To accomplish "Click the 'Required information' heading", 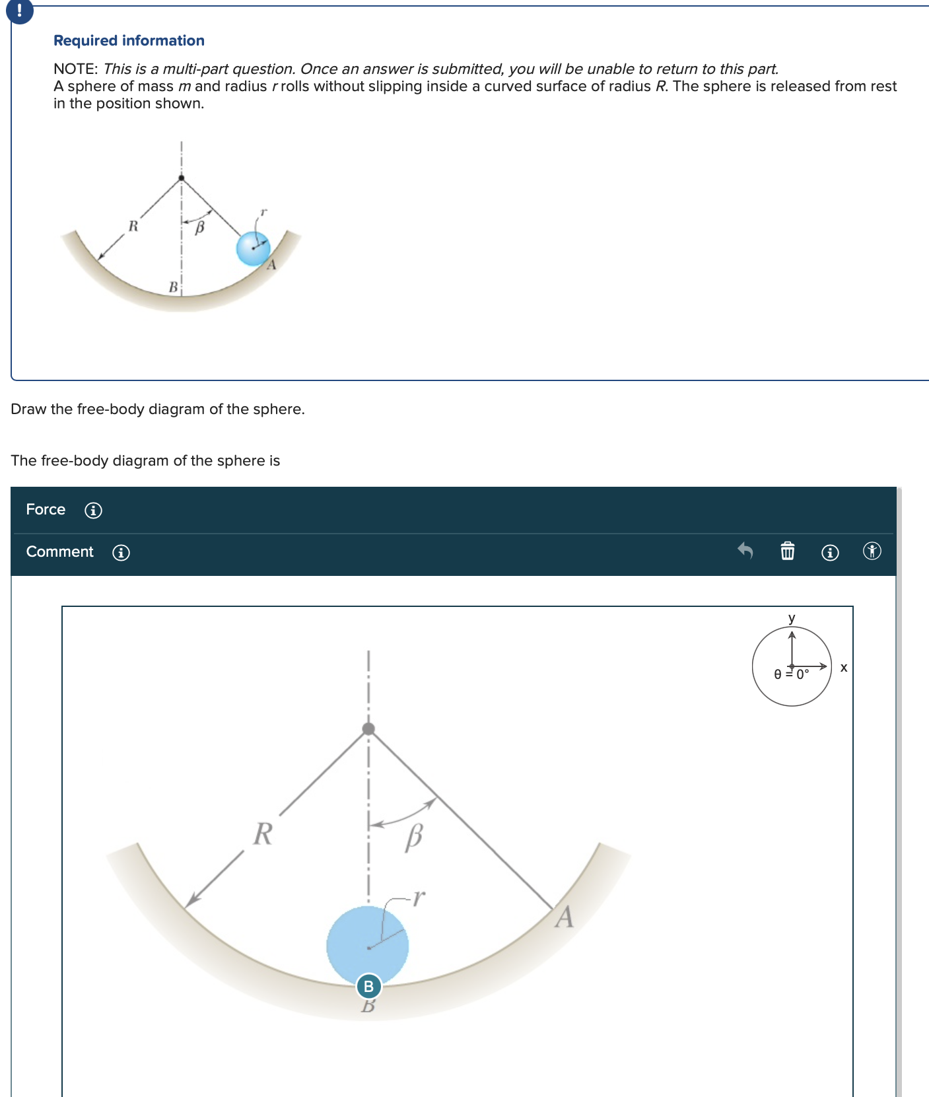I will click(x=129, y=41).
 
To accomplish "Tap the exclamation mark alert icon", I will click(x=19, y=11).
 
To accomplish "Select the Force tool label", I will click(x=46, y=509).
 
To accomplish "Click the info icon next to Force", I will click(x=94, y=511).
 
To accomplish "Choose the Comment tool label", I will click(x=59, y=551).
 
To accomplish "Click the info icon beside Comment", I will click(x=121, y=553).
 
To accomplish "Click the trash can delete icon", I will click(x=787, y=551).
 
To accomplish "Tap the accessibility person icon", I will click(x=872, y=551).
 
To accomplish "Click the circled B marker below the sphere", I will click(x=368, y=987).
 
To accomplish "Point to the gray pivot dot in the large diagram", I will click(x=368, y=728).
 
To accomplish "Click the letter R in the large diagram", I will click(x=263, y=833).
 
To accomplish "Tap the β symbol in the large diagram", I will click(x=414, y=837).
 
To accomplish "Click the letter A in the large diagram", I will click(x=564, y=917).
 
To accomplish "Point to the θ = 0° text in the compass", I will click(x=791, y=674).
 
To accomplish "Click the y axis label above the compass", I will click(x=792, y=618).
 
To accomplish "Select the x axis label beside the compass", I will click(x=843, y=668).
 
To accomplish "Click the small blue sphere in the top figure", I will click(x=254, y=248).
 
